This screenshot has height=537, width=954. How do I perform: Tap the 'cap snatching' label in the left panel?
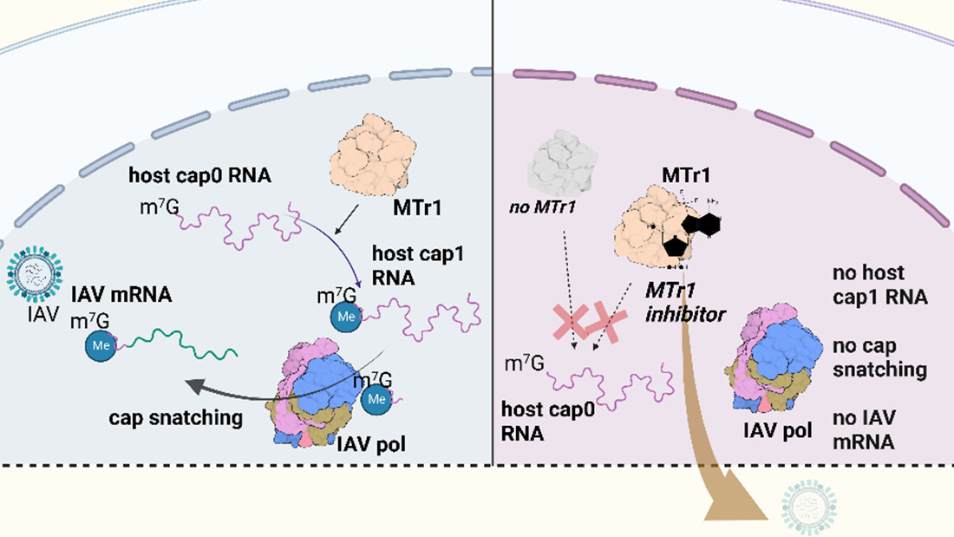click(175, 417)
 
